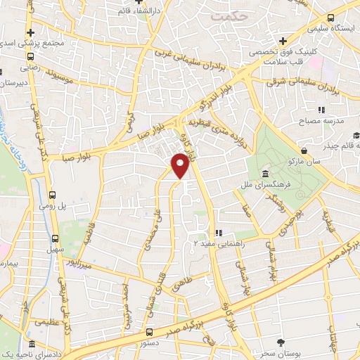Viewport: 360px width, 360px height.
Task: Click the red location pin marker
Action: (181, 165)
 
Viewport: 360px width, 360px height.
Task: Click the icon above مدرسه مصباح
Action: (321, 110)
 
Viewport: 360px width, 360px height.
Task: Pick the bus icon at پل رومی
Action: (53, 196)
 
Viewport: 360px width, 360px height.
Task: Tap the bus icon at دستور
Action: (148, 330)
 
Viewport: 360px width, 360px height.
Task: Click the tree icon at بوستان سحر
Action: (281, 342)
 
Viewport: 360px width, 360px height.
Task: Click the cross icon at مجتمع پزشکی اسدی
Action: (30, 32)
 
